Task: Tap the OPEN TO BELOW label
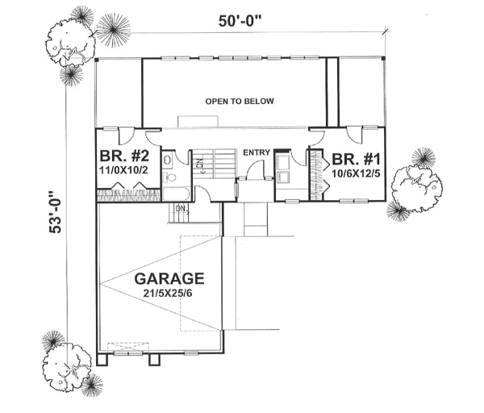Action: click(240, 102)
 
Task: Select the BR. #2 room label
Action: click(121, 156)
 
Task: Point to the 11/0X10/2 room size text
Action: click(121, 172)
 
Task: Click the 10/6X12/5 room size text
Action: click(348, 172)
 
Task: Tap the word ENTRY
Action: click(257, 152)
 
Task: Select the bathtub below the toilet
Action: click(174, 194)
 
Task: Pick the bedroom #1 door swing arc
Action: click(317, 138)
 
